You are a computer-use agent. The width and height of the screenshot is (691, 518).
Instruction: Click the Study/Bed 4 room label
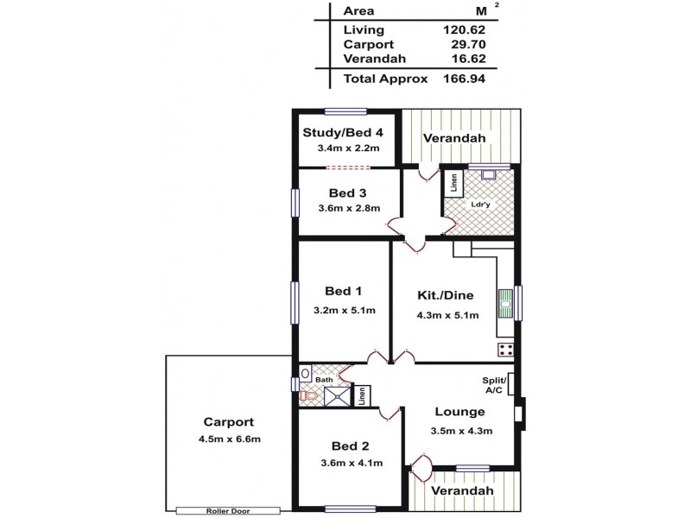click(x=343, y=132)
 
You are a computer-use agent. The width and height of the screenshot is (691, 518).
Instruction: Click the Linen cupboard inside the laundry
click(x=453, y=183)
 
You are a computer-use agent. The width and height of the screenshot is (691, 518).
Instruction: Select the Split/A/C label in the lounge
click(x=493, y=385)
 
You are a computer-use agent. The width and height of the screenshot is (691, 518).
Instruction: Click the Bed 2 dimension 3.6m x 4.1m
click(x=350, y=464)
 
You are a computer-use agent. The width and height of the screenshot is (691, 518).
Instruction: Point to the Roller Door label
click(x=228, y=510)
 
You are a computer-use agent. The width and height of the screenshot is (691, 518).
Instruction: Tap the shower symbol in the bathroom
click(x=334, y=395)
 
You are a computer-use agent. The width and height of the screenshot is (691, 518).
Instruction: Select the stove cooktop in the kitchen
click(x=506, y=350)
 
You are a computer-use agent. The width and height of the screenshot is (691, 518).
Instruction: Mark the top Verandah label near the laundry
click(x=453, y=138)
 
